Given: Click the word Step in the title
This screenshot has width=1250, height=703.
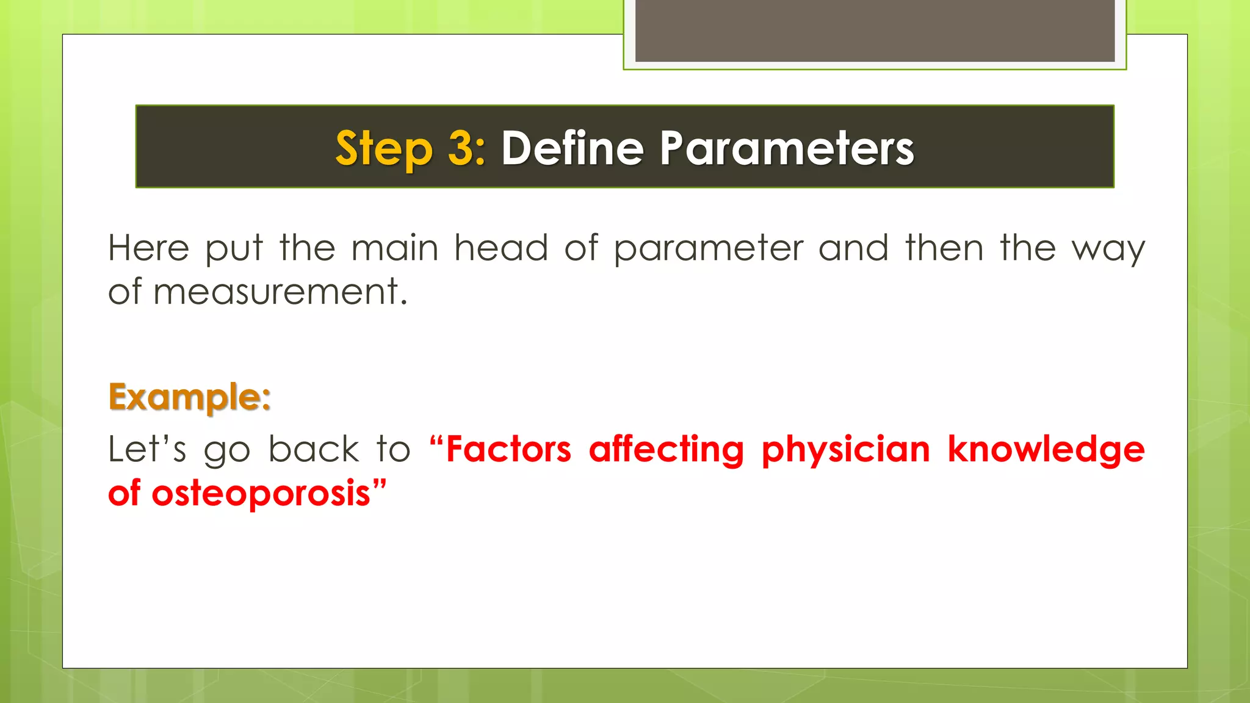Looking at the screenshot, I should (x=383, y=149).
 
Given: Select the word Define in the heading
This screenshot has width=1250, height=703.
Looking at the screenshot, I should (x=573, y=148).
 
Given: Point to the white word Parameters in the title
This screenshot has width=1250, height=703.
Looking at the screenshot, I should (x=787, y=148).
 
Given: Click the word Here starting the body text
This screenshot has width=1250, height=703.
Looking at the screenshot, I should (x=149, y=248).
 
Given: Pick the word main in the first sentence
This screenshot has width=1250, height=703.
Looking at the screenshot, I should (x=395, y=248).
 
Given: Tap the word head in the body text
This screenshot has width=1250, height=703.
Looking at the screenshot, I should (x=501, y=248).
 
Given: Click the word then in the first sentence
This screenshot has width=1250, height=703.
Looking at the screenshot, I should (x=944, y=248).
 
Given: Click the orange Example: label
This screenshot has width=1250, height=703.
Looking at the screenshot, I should (x=189, y=397).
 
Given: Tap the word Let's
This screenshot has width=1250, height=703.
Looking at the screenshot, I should (x=147, y=449).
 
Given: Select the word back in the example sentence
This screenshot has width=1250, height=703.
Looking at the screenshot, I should (x=314, y=449).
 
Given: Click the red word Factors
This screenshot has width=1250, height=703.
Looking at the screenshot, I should (x=508, y=449).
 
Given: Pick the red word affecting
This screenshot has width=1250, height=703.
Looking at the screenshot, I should (x=667, y=450).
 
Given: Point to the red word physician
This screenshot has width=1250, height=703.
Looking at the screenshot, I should (x=846, y=450).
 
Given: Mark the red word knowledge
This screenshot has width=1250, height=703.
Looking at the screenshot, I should (x=1046, y=450).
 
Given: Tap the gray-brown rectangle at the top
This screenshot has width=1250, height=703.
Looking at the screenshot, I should (x=875, y=31).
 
